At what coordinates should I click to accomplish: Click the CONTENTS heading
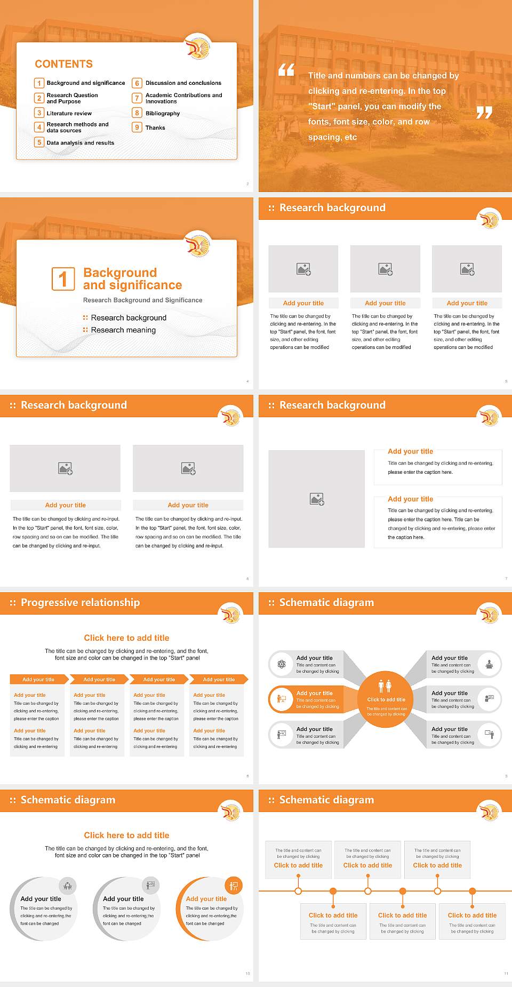[63, 64]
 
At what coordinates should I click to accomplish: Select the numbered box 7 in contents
[137, 98]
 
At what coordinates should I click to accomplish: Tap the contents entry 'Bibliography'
[163, 114]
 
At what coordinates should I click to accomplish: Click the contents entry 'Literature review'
[69, 114]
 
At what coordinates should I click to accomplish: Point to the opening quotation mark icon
[286, 70]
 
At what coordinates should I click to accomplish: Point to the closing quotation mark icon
[484, 113]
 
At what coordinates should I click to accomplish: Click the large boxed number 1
[63, 279]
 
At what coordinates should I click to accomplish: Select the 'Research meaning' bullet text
[123, 330]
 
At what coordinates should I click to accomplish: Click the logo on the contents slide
[198, 47]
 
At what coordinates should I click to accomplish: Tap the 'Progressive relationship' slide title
[80, 603]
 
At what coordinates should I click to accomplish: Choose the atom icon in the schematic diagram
[282, 664]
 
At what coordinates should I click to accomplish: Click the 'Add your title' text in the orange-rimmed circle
[206, 899]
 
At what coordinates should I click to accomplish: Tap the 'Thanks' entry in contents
[155, 128]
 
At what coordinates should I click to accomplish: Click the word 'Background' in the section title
[120, 273]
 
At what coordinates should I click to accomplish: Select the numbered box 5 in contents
[39, 142]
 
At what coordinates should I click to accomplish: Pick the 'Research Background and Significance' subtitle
[142, 300]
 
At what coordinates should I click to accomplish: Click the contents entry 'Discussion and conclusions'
[183, 83]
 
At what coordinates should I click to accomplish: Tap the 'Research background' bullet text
[129, 318]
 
